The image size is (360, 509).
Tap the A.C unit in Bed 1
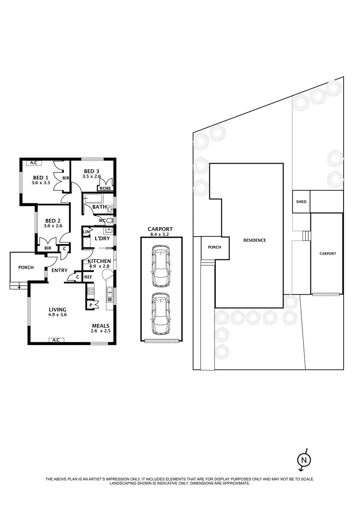(33, 163)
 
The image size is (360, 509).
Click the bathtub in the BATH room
(96, 198)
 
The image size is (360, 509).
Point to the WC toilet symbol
(109, 221)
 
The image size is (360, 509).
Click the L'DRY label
(102, 238)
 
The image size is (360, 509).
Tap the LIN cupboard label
(86, 232)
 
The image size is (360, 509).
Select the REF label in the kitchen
(88, 278)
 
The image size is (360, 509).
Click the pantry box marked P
(90, 304)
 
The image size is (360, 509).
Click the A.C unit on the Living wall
(56, 340)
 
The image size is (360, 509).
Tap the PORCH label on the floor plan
(26, 267)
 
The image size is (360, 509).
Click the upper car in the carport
(161, 266)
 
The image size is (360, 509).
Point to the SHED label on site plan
(301, 202)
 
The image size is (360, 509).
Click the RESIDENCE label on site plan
(254, 240)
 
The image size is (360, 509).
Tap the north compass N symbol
(304, 460)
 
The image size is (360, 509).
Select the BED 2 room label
(53, 221)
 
